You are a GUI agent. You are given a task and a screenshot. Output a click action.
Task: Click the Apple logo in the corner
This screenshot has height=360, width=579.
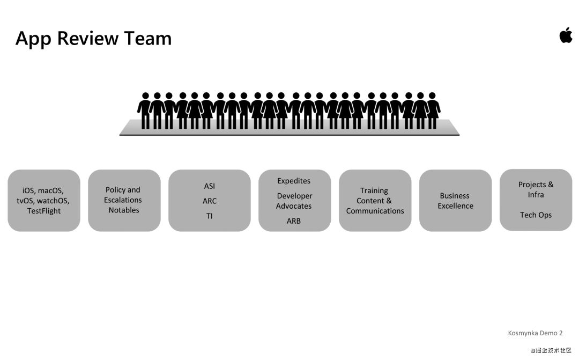point(566,35)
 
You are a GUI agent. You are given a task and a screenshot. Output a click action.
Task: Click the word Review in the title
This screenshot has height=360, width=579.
point(88,38)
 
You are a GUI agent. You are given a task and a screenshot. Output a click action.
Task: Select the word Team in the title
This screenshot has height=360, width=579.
point(148,38)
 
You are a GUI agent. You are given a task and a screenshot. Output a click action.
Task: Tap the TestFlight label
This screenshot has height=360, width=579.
point(44,211)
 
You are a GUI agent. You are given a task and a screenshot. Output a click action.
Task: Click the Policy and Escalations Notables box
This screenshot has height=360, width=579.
point(124,200)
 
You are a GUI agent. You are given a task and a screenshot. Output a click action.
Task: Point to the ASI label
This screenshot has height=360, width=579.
point(209,186)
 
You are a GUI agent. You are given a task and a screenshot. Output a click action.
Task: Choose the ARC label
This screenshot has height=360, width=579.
point(209,201)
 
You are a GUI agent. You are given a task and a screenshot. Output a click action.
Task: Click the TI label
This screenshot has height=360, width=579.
point(209,216)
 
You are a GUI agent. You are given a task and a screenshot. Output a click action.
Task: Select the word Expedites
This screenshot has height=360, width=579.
point(294,181)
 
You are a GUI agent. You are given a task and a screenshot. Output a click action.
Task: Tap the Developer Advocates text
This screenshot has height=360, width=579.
point(294,201)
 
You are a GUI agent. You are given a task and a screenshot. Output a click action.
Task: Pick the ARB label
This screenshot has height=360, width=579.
point(294,221)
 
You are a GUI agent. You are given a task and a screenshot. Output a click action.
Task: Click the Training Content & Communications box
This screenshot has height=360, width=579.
point(375,201)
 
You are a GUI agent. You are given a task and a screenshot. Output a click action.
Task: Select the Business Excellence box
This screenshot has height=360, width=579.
point(455,201)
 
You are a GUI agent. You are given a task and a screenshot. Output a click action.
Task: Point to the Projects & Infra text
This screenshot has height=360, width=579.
point(536,189)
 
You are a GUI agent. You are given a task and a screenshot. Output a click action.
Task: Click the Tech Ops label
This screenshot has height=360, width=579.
point(536,215)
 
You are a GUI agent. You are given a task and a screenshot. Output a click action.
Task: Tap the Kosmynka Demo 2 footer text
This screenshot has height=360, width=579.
point(535,333)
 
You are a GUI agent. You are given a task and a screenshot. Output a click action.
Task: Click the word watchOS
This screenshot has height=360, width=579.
point(53,201)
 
